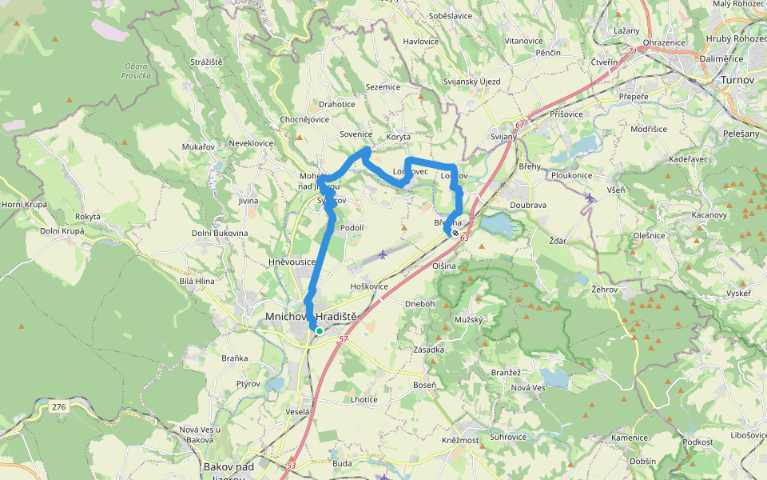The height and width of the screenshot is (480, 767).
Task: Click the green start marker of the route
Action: click(319, 330)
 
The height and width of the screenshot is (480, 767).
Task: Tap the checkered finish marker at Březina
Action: click(455, 233)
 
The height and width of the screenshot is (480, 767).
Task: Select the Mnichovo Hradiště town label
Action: click(311, 317)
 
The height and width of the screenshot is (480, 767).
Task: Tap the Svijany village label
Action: click(503, 137)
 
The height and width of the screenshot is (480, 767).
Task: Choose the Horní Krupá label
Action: click(24, 205)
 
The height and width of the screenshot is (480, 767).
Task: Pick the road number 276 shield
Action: click(59, 407)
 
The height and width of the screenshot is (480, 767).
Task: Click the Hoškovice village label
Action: click(369, 286)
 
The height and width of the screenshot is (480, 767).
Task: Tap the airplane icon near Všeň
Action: click(590, 198)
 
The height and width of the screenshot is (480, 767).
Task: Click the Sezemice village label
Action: click(383, 87)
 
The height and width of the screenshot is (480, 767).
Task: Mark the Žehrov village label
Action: click(604, 287)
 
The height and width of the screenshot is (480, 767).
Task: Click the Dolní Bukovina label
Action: click(220, 233)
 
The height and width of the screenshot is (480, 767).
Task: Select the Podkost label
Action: click(697, 442)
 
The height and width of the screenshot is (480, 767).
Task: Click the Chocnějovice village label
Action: click(304, 119)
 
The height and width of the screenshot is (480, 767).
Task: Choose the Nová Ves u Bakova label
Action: click(196, 435)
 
